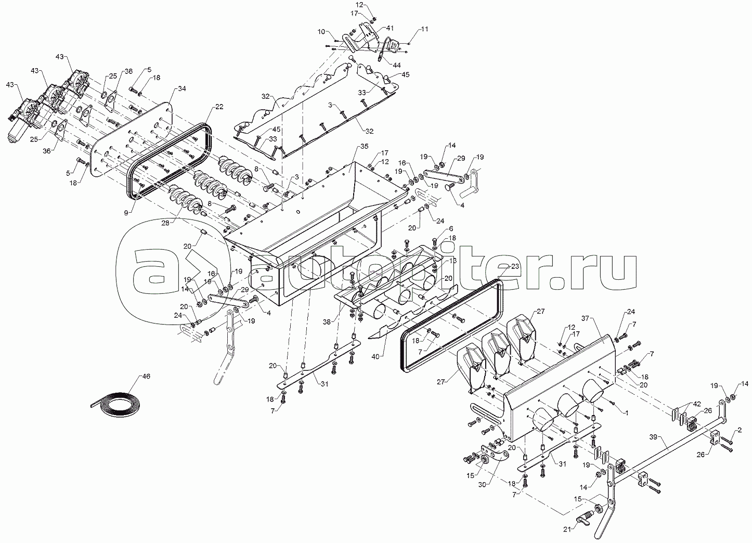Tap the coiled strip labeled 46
tap(112, 402)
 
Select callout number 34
tap(181, 89)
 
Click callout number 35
tap(364, 147)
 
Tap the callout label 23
tap(515, 265)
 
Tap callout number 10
tap(321, 32)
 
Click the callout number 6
tap(451, 229)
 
